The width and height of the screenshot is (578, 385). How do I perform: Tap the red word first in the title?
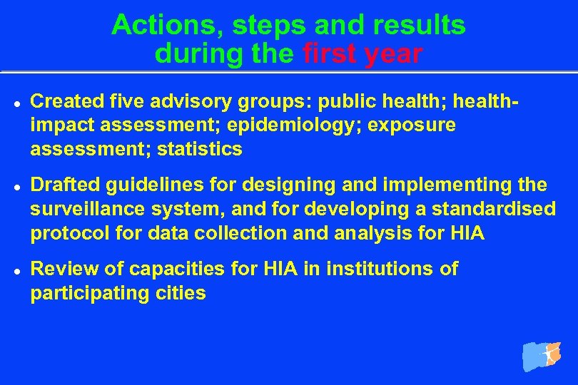tap(330, 53)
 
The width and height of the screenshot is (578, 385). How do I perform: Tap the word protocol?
tap(64, 233)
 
